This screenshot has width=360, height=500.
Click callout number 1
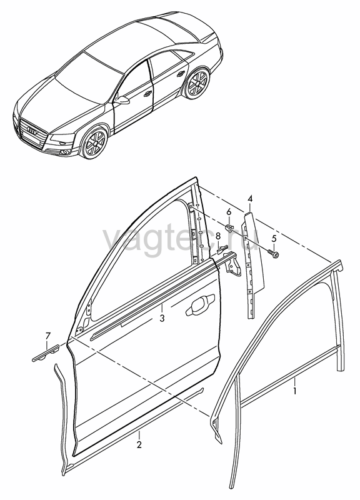pyautogui.click(x=295, y=391)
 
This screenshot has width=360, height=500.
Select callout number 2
pyautogui.click(x=139, y=444)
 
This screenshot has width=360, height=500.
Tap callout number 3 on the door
pyautogui.click(x=162, y=318)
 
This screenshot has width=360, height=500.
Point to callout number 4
pyautogui.click(x=250, y=199)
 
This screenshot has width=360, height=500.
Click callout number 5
pyautogui.click(x=274, y=238)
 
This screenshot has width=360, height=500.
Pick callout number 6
pyautogui.click(x=229, y=212)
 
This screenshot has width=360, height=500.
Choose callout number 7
pyautogui.click(x=48, y=336)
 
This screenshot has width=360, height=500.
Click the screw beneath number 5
pyautogui.click(x=274, y=254)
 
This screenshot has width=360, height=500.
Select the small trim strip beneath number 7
pyautogui.click(x=45, y=354)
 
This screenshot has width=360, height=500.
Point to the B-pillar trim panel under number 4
pyautogui.click(x=254, y=264)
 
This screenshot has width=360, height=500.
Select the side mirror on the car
pyautogui.click(x=122, y=99)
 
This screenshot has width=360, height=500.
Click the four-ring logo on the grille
pyautogui.click(x=32, y=130)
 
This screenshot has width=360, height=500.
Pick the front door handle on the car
pyautogui.click(x=147, y=94)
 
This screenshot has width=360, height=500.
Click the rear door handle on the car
pyautogui.click(x=181, y=74)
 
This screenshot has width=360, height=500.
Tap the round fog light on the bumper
pyautogui.click(x=66, y=151)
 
